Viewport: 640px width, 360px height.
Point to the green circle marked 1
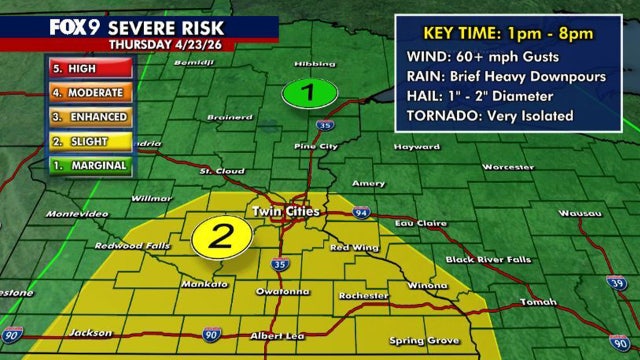point(308,95)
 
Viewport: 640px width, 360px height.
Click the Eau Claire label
point(417,222)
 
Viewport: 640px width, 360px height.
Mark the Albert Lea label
point(274,335)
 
